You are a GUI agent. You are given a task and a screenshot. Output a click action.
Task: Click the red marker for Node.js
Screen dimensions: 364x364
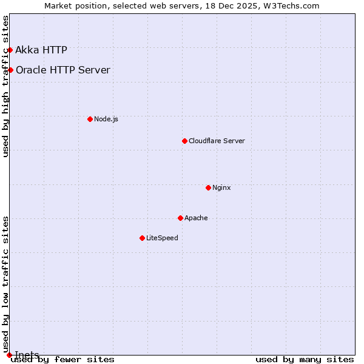(x=90, y=119)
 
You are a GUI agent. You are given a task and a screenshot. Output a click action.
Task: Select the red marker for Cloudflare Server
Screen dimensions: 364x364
(x=184, y=141)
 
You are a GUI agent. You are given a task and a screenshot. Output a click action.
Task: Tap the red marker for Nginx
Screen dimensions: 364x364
(x=208, y=187)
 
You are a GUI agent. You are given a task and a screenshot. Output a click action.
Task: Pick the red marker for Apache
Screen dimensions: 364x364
(x=180, y=218)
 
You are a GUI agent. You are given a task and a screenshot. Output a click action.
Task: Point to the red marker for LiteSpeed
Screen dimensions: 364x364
(x=142, y=238)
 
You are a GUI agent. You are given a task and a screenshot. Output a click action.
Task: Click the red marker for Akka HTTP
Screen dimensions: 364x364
(x=10, y=50)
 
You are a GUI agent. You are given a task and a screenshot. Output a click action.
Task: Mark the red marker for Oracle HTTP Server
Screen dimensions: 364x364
(x=10, y=70)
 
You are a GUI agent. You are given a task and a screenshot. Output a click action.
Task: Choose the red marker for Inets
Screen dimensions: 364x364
(x=9, y=355)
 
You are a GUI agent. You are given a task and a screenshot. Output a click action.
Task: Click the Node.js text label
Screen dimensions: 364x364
(x=106, y=119)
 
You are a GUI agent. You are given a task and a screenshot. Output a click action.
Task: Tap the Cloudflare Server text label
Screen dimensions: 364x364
(x=217, y=141)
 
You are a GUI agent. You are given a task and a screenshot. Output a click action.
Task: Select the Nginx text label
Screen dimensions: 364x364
(x=221, y=187)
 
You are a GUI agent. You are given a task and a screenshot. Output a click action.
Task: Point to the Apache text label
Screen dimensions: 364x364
(x=196, y=218)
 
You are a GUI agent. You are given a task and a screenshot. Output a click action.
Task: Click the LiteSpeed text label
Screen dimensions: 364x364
(x=162, y=238)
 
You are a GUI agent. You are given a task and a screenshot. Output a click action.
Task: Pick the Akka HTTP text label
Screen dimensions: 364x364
(x=41, y=50)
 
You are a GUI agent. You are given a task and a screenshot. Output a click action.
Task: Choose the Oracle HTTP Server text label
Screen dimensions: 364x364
(x=63, y=70)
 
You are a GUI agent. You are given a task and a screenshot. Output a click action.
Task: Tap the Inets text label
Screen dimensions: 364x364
(x=27, y=355)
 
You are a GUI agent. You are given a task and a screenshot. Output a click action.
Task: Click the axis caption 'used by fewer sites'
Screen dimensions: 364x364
(x=62, y=359)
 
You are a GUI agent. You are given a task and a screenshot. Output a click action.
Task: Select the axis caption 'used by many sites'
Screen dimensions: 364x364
(x=305, y=359)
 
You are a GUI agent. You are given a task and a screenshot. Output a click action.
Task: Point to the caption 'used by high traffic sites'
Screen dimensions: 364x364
(x=5, y=86)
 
